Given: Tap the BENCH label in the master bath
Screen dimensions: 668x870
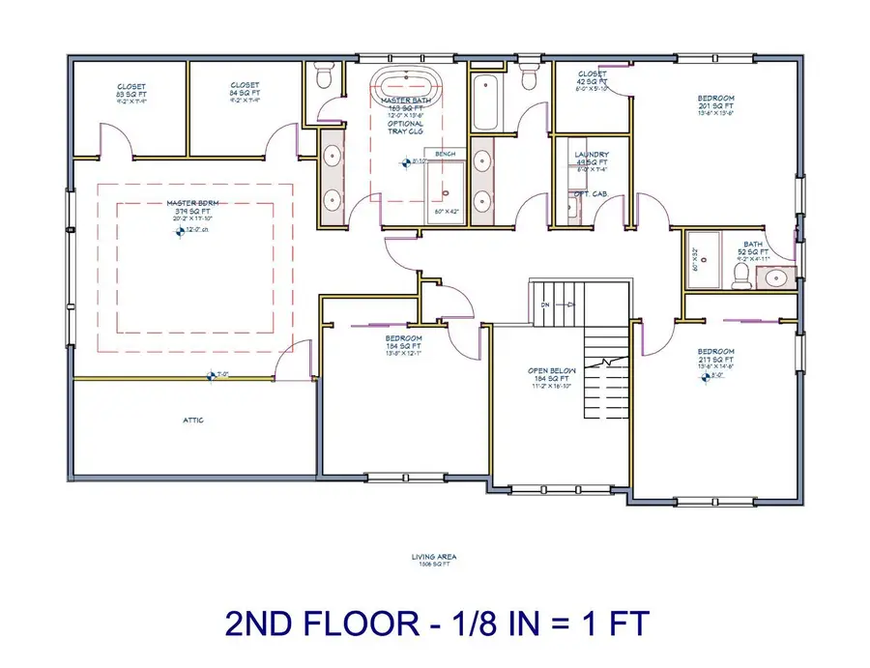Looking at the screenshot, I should (445, 154).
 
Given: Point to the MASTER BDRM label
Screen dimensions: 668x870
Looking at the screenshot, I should (180, 203).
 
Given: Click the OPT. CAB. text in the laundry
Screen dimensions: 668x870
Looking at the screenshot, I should (589, 193).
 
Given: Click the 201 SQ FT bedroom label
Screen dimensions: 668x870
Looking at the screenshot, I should (716, 99).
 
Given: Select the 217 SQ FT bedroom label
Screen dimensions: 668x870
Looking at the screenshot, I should (716, 352).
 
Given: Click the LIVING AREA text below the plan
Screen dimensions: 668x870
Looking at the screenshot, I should (433, 557).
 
